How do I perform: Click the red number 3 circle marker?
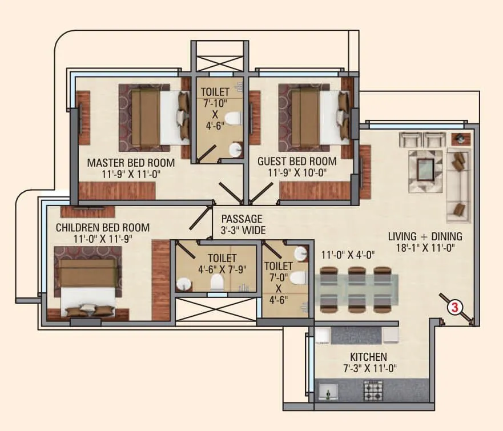(455, 307)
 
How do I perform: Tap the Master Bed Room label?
(131, 163)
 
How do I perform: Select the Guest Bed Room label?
(296, 162)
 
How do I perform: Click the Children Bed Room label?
(103, 228)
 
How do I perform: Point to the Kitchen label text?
(368, 357)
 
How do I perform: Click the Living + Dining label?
(425, 236)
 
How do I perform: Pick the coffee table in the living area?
(425, 170)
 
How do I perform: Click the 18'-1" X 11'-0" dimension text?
(425, 248)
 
